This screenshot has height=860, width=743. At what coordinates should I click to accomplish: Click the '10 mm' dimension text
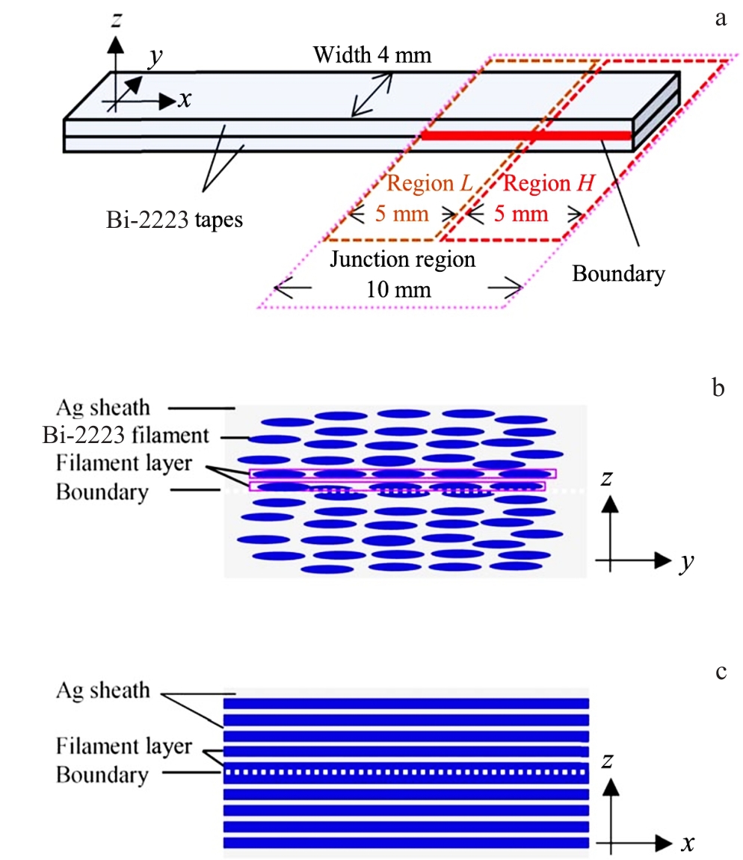pos(398,288)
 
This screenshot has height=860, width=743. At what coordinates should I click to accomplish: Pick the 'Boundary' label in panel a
pos(618,273)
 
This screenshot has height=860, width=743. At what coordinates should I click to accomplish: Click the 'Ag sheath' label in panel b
pos(102,408)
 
